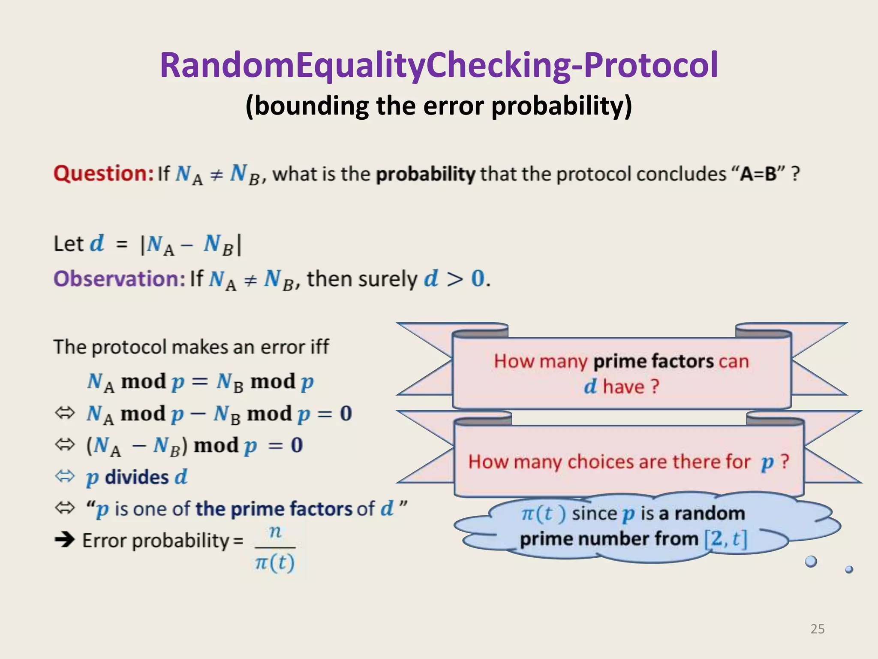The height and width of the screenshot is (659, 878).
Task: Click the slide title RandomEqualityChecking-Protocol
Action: click(439, 65)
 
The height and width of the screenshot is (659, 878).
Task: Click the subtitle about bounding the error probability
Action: click(439, 106)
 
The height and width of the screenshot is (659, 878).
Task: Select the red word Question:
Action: click(103, 174)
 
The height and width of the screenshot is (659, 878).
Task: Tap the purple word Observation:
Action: click(119, 279)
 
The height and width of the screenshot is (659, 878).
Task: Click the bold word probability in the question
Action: click(425, 174)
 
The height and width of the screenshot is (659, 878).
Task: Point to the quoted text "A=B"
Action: click(758, 174)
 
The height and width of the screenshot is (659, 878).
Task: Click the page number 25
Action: click(817, 629)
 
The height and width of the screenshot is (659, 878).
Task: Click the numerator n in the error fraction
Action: click(275, 532)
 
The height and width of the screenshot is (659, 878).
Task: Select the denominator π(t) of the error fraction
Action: click(275, 562)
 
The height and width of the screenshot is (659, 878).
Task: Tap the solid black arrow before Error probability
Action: click(65, 539)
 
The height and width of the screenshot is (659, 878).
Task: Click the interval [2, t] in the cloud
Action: click(725, 539)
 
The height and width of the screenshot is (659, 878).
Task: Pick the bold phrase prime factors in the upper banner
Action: click(653, 361)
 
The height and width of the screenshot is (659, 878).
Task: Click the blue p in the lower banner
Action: click(767, 463)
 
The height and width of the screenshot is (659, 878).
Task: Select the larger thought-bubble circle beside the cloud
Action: click(811, 561)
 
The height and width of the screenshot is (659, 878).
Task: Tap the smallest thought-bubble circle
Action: click(849, 570)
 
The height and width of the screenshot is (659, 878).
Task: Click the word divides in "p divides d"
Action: click(137, 477)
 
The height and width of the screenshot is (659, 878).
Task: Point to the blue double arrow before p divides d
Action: click(65, 476)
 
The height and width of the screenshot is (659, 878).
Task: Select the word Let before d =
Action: click(69, 244)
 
